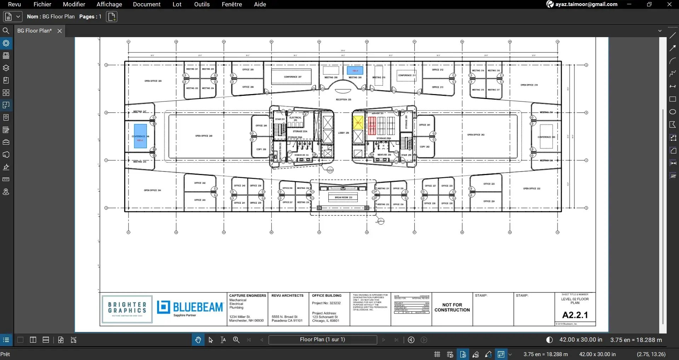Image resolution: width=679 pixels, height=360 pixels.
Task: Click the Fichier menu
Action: (42, 4)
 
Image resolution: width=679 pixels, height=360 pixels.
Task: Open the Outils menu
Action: (202, 4)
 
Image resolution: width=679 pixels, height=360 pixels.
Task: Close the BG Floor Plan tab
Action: (60, 31)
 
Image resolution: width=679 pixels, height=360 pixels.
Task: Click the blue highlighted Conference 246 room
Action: (140, 136)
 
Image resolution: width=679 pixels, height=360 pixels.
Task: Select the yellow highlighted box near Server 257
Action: (358, 123)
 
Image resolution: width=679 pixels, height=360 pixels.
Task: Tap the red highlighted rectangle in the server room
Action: (372, 126)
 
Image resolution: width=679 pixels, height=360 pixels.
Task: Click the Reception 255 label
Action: (343, 100)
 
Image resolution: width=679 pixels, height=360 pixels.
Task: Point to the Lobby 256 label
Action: (343, 133)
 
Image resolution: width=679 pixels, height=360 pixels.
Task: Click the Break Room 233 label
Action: (343, 198)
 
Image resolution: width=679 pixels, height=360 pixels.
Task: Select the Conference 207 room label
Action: (293, 77)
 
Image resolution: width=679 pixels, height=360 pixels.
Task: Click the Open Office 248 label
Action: (204, 136)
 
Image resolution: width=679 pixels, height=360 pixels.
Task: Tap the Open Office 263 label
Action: (476, 135)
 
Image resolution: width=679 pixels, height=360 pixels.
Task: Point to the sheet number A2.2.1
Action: (575, 315)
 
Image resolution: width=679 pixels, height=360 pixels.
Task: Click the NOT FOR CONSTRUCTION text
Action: (452, 307)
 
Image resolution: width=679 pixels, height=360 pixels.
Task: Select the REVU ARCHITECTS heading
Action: (287, 296)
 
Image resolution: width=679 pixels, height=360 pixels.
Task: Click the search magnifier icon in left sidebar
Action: (6, 31)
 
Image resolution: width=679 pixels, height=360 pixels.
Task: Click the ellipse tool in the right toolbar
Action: (673, 112)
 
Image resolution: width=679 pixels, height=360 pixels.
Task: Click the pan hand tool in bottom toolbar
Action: (198, 340)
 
